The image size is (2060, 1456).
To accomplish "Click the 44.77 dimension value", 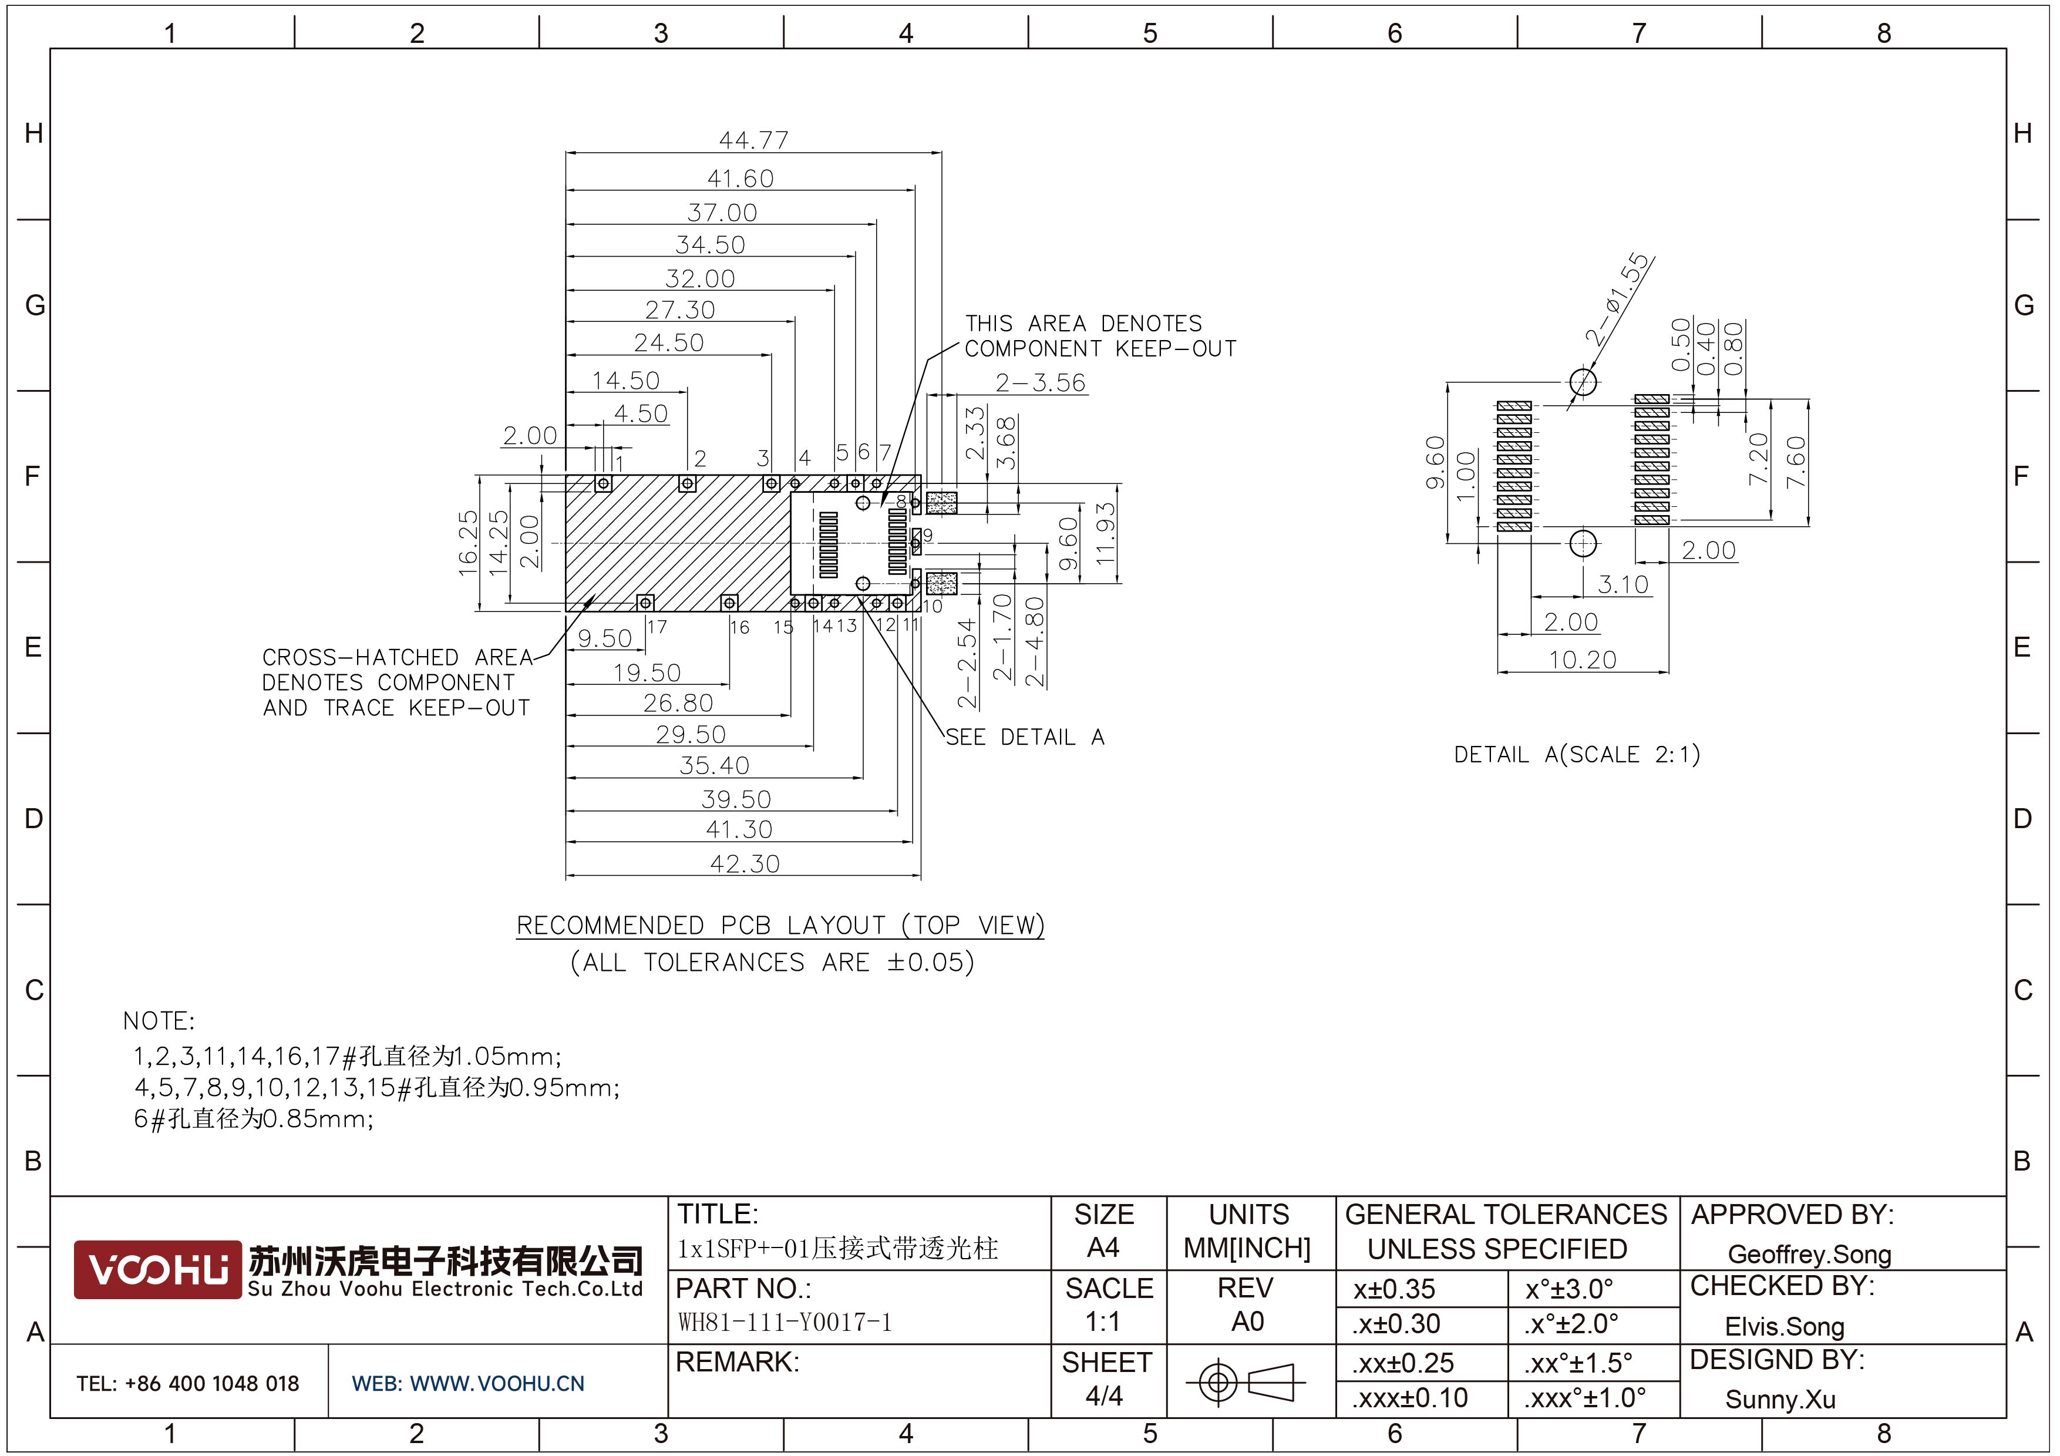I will coord(753,141).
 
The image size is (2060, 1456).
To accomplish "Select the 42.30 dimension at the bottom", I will coord(745,864).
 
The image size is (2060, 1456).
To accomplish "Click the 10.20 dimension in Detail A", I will coord(1582,660).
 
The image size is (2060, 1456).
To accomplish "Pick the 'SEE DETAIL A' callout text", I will coord(1025,738).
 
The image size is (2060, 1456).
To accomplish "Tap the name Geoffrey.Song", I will coord(1809,1254).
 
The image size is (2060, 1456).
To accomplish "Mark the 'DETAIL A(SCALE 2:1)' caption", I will coord(1576,755).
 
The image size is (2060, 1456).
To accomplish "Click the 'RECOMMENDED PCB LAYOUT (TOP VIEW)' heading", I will coord(780,925).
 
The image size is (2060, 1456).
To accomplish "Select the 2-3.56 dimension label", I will coord(1040,383).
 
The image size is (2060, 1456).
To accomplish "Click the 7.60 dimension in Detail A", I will coord(1795,462).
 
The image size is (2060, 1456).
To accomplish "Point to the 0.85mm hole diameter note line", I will coord(254,1119).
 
